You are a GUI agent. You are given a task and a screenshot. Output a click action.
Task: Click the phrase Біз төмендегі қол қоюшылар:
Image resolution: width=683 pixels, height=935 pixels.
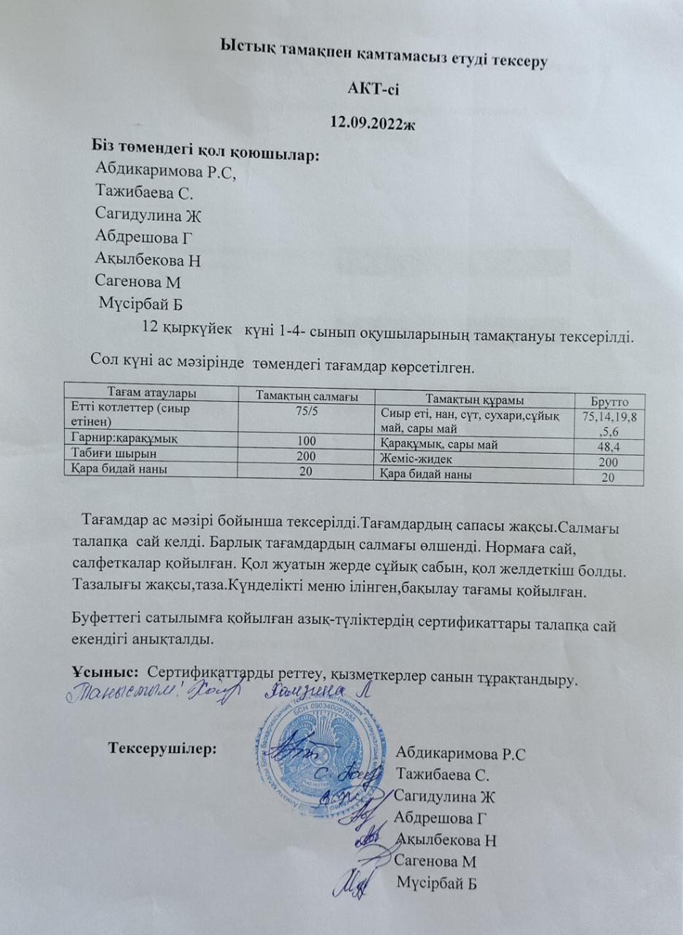(206, 155)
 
